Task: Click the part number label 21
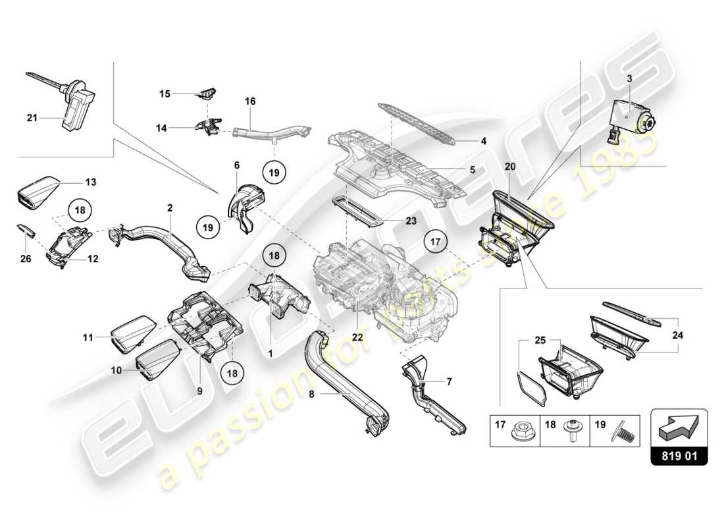pos(32,119)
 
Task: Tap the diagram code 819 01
pos(679,455)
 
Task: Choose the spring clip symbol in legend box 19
pos(622,432)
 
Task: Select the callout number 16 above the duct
pos(250,101)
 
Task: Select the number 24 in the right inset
pos(678,335)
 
